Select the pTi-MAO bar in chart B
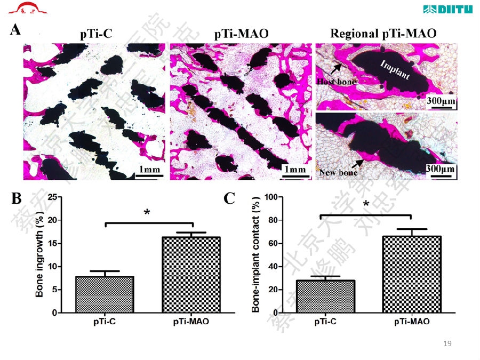190,275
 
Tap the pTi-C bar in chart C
325,296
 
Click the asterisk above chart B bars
147,213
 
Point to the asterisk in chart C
366,205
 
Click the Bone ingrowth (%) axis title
39,254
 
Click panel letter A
17,30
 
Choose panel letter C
229,198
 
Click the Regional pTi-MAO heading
383,34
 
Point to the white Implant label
395,69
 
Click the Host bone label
336,81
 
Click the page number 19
447,343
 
